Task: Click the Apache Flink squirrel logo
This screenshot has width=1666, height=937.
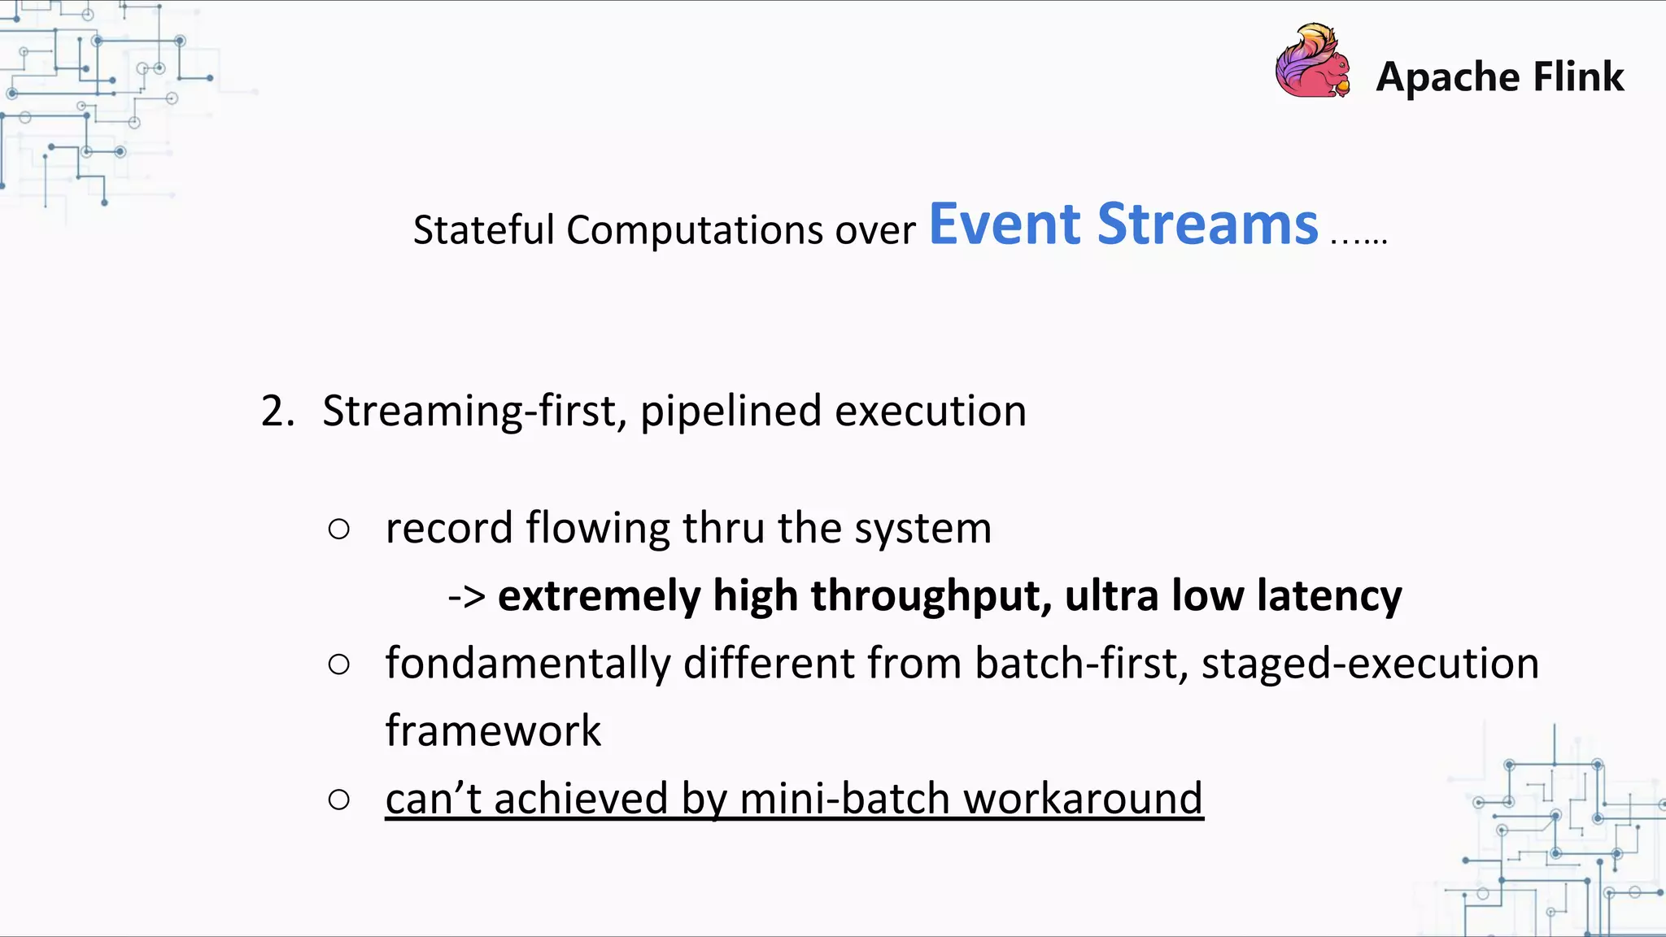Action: (x=1312, y=62)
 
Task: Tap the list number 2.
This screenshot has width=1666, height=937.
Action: (x=277, y=412)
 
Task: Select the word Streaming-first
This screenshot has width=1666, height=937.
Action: (x=473, y=412)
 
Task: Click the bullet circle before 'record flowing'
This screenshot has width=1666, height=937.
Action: (x=339, y=530)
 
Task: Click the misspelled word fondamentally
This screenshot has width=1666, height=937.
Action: (x=527, y=665)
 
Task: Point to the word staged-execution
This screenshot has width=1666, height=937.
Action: (x=1370, y=665)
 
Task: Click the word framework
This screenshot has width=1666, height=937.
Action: (x=492, y=731)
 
